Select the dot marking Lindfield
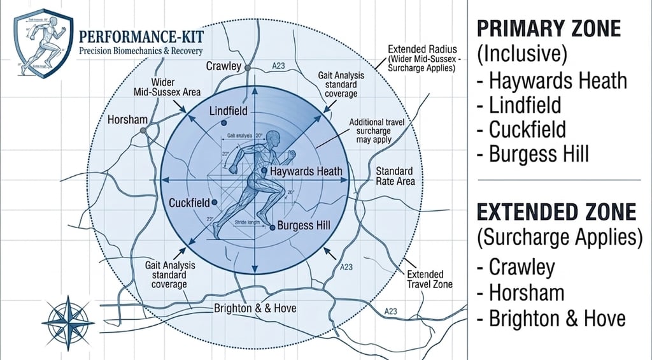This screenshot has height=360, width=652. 223,122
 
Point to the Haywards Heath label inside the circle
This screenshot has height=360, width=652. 306,171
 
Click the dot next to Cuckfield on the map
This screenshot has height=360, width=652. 215,202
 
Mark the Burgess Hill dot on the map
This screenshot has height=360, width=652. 273,226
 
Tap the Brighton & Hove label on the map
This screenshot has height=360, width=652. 255,308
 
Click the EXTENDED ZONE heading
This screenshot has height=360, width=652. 556,212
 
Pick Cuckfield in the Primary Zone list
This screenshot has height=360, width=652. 527,129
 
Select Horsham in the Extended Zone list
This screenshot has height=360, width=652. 526,292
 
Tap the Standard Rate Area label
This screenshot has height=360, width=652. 395,176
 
